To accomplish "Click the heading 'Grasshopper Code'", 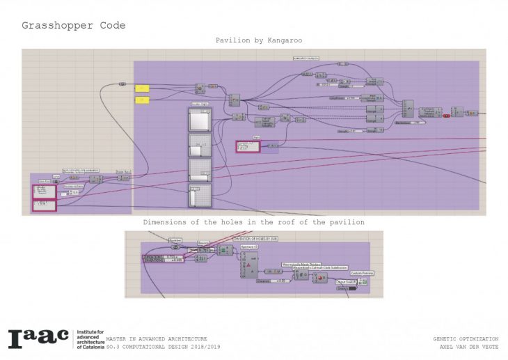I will coord(74,26).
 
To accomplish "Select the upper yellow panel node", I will coord(142,88).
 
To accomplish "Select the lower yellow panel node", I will coord(142,100).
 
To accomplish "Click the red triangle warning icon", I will coord(248,265).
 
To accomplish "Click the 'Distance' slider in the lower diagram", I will coord(272,281).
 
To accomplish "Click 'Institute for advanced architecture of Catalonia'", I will coord(88,338).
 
